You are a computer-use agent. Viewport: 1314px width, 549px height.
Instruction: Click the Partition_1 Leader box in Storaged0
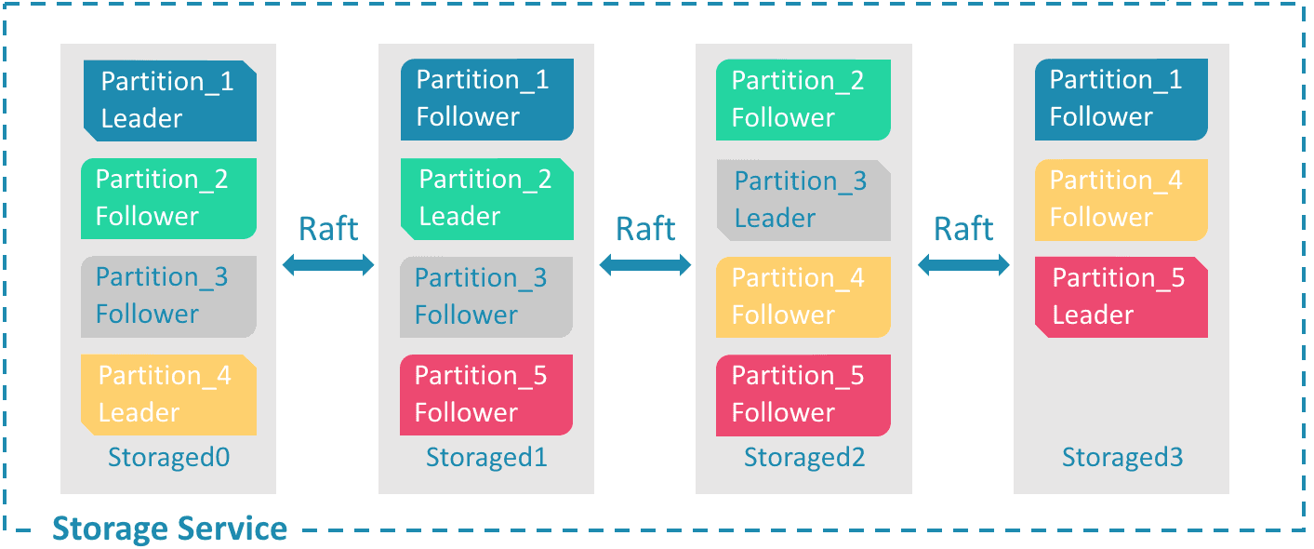click(169, 100)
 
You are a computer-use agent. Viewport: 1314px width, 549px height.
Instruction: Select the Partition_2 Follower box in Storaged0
click(168, 197)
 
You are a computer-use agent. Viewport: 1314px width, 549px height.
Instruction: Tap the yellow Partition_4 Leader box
click(168, 395)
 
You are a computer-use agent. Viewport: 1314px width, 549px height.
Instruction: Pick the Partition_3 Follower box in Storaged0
click(168, 296)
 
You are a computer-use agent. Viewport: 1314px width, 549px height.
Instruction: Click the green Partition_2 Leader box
click(486, 197)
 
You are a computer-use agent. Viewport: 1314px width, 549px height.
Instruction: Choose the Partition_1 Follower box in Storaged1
click(486, 100)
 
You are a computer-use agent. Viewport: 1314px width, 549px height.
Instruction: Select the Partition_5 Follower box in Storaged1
click(486, 395)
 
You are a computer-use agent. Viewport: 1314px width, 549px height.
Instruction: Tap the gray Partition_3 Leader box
click(803, 199)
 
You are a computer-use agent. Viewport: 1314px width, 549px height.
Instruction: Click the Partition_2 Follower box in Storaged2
click(803, 100)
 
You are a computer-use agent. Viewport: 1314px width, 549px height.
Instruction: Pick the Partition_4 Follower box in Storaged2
click(803, 296)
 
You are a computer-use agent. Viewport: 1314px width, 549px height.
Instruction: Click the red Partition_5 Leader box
click(1121, 296)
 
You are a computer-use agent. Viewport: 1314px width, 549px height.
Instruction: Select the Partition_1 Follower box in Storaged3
click(1121, 100)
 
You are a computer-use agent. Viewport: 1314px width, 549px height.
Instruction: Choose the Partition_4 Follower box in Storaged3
click(1121, 199)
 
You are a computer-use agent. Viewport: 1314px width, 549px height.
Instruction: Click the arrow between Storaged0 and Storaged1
click(328, 266)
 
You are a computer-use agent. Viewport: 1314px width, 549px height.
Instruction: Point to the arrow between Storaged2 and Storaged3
click(963, 266)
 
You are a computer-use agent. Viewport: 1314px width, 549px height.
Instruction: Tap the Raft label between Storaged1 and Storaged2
click(646, 229)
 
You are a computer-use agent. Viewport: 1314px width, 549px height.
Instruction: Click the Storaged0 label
click(168, 458)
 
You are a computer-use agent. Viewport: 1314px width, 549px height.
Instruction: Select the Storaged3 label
click(1122, 458)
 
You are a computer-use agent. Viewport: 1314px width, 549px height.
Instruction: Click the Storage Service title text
click(169, 529)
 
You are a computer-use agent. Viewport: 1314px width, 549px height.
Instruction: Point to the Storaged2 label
click(804, 458)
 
